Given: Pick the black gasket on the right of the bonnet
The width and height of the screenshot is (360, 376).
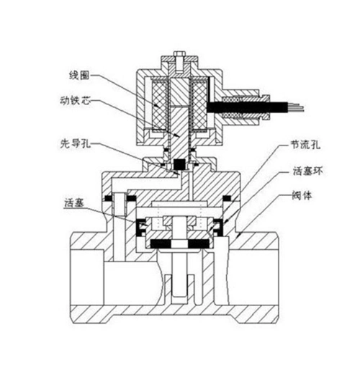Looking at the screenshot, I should pyautogui.click(x=229, y=197).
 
